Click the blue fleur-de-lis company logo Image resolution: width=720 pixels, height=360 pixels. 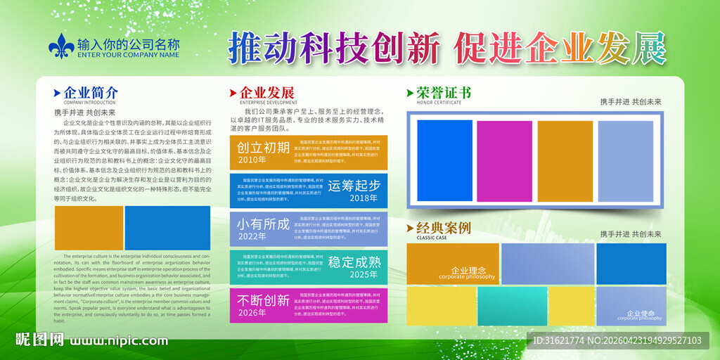point(61,46)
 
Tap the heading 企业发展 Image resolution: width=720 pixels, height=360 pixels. point(267,93)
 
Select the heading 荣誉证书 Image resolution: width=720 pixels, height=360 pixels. point(444,93)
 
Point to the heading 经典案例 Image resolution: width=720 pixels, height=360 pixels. point(444,228)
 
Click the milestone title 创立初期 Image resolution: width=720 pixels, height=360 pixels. point(263,147)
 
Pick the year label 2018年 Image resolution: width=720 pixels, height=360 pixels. point(364,198)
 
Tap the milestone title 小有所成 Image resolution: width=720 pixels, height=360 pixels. point(263,224)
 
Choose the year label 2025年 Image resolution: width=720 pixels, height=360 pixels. point(364,274)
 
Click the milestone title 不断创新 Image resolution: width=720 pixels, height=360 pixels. point(263,300)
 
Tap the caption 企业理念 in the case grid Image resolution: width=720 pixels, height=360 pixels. point(468,271)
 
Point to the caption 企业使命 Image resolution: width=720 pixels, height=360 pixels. point(641,314)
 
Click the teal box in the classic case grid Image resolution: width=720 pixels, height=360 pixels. point(513,306)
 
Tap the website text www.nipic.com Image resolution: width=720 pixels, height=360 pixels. point(119,340)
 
